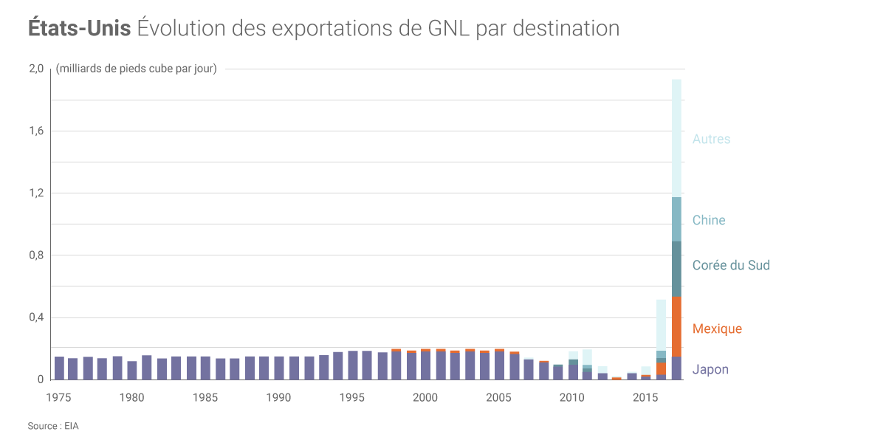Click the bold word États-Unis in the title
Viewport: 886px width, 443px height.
pos(80,28)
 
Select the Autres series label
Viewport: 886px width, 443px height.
pos(711,139)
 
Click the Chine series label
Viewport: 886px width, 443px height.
pos(709,220)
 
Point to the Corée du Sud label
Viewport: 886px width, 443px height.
pos(731,265)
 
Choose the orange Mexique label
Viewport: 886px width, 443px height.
pos(717,329)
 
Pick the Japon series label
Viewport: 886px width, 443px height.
pos(710,369)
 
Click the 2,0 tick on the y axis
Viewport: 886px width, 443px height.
pos(36,69)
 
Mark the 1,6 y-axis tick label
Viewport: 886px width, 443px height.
pos(36,131)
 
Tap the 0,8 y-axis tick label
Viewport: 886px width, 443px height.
pos(36,255)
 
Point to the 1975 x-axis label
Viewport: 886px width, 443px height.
pos(59,397)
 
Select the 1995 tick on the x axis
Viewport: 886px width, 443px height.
pos(352,397)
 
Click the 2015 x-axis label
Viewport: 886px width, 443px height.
pos(646,397)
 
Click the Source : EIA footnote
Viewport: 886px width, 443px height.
pos(53,426)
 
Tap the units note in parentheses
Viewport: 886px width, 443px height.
pos(137,69)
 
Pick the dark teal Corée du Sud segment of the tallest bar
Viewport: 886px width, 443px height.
pos(676,269)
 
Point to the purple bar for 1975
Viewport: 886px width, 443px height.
pos(59,368)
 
